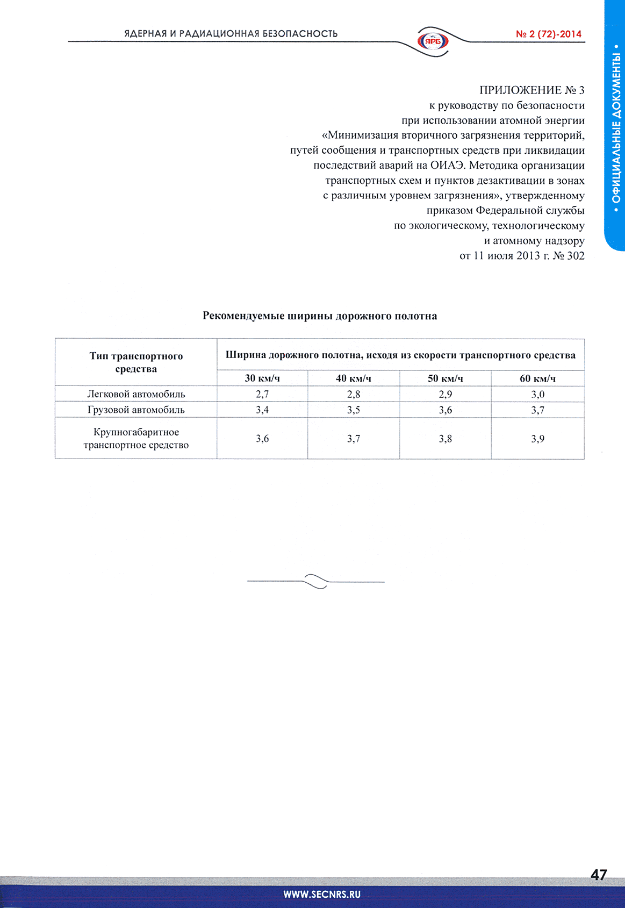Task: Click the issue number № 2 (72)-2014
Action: coord(548,34)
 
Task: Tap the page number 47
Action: coord(599,875)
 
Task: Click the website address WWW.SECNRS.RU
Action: coord(322,895)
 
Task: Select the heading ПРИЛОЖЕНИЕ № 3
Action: coord(531,90)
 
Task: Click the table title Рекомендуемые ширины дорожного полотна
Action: coord(320,316)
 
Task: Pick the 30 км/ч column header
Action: coord(262,378)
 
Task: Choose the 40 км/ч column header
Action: coord(354,378)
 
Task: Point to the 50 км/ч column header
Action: coord(446,378)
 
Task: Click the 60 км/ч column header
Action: coord(537,378)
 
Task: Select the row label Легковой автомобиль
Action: coord(136,394)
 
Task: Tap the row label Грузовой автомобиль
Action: coord(136,410)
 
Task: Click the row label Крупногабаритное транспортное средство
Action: coord(136,438)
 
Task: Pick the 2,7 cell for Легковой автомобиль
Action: coord(262,394)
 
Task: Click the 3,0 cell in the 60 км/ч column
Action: coord(537,394)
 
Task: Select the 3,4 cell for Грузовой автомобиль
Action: coord(262,410)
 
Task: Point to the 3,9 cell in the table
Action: coord(537,439)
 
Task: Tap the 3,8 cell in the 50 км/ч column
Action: coord(446,439)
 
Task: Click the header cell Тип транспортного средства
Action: coord(136,362)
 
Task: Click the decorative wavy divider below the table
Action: coord(316,582)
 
